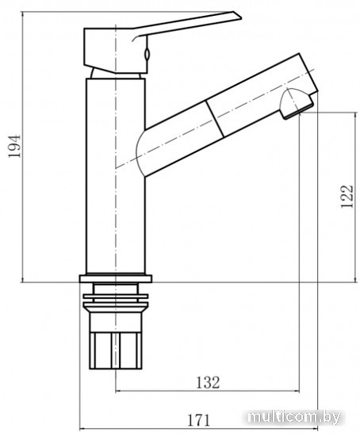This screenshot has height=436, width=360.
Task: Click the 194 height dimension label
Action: (x=14, y=147)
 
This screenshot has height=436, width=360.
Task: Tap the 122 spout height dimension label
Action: (x=347, y=196)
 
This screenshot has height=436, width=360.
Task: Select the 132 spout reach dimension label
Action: (x=208, y=382)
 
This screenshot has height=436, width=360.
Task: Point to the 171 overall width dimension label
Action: (x=199, y=420)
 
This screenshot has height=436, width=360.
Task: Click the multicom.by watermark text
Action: (x=294, y=417)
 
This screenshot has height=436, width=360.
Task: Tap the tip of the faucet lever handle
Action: (x=241, y=18)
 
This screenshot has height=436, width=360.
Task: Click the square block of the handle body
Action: (x=115, y=50)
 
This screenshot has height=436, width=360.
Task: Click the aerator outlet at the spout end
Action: (x=296, y=103)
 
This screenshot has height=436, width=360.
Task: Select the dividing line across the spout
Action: (x=215, y=118)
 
